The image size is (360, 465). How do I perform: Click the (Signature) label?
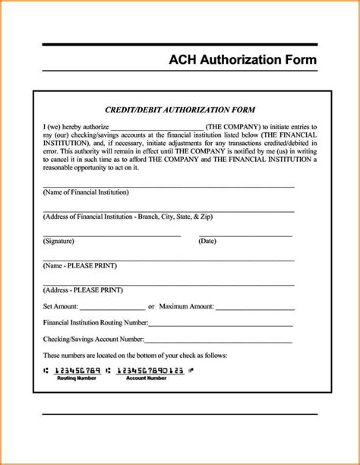tap(58, 241)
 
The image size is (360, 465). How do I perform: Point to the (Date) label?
tap(207, 241)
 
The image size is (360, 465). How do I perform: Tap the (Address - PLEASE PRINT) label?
tap(83, 289)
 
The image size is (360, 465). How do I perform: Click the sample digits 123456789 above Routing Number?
tap(77, 370)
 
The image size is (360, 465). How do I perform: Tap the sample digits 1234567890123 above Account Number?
tap(147, 370)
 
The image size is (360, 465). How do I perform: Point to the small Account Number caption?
tap(146, 378)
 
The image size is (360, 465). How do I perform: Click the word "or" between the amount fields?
tap(152, 306)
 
